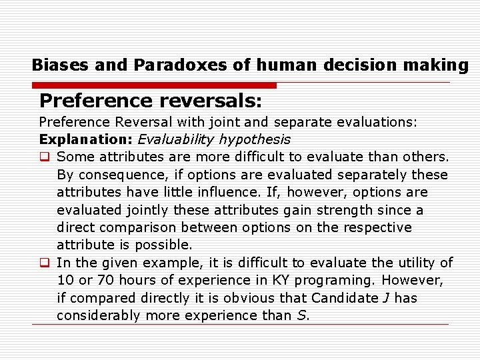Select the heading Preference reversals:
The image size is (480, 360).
[151, 101]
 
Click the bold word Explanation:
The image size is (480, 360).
[86, 140]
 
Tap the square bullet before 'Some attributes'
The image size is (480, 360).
[45, 157]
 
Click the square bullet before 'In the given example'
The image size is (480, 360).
[45, 263]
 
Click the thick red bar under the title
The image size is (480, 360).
[153, 85]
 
